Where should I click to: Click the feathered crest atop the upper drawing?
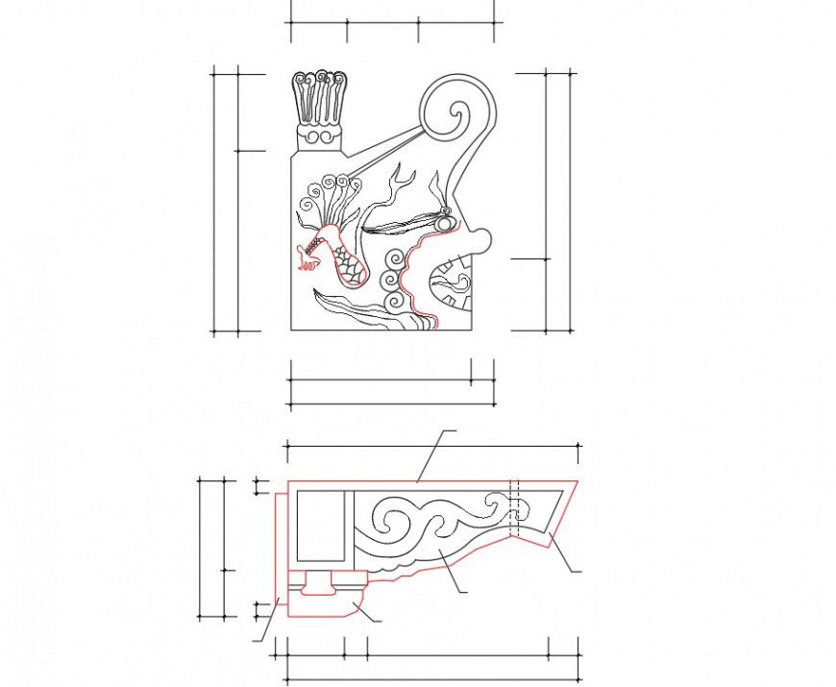[319, 97]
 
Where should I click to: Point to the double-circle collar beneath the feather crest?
[319, 137]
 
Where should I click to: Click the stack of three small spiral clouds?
[393, 280]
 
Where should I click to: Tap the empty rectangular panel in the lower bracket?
[320, 526]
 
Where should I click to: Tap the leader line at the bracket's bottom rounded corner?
[365, 613]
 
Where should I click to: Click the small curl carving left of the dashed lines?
[494, 501]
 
